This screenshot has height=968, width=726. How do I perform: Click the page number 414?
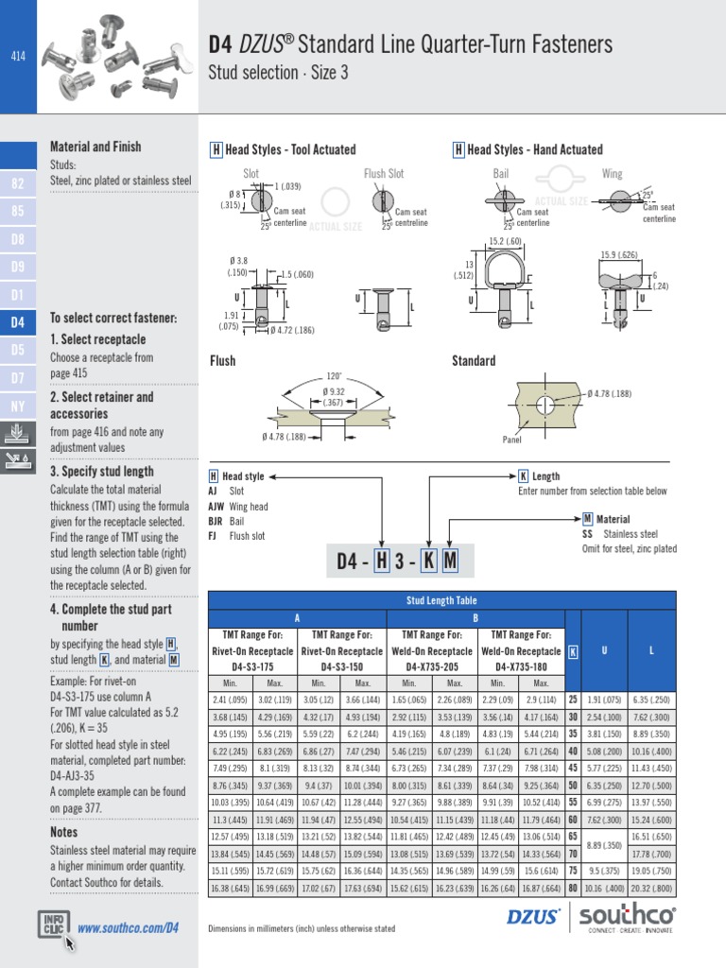tap(17, 57)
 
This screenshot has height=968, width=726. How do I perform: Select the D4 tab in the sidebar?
tap(17, 322)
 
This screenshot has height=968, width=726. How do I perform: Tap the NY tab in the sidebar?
tap(17, 406)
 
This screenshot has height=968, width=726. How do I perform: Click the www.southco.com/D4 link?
tap(128, 927)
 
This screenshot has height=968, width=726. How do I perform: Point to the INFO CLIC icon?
tap(53, 925)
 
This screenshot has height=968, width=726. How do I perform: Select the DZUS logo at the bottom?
tap(533, 915)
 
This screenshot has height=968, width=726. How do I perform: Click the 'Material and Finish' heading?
tap(95, 147)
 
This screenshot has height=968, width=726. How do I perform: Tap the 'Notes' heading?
tap(65, 832)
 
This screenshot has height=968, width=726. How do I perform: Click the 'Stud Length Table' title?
tap(441, 600)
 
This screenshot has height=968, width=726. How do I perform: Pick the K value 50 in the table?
tap(573, 785)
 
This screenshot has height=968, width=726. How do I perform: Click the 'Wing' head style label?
tap(613, 174)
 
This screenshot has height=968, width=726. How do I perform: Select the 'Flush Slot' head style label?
tap(384, 174)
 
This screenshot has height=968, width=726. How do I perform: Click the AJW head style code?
tap(216, 507)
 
